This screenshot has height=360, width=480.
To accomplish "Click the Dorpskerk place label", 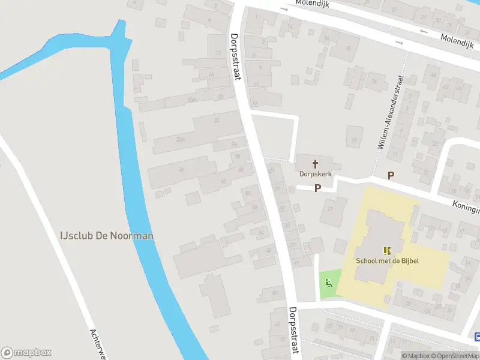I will click(315, 174).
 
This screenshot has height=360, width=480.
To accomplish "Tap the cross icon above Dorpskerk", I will click(315, 163).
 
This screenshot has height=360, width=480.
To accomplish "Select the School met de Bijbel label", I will click(387, 260).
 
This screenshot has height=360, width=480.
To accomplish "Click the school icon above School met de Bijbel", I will click(387, 251).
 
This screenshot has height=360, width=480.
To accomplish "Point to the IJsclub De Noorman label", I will click(106, 235).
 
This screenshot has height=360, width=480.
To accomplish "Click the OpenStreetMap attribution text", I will click(458, 356).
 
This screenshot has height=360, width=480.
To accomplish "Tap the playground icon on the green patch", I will click(329, 284).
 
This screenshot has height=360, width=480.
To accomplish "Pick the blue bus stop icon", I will click(477, 337).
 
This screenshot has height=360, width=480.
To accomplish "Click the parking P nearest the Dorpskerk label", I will click(318, 188).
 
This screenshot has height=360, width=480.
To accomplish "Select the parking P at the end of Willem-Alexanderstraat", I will click(391, 176).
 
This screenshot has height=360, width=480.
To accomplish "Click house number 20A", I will click(192, 99).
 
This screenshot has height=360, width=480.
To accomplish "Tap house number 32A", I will click(180, 140).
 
